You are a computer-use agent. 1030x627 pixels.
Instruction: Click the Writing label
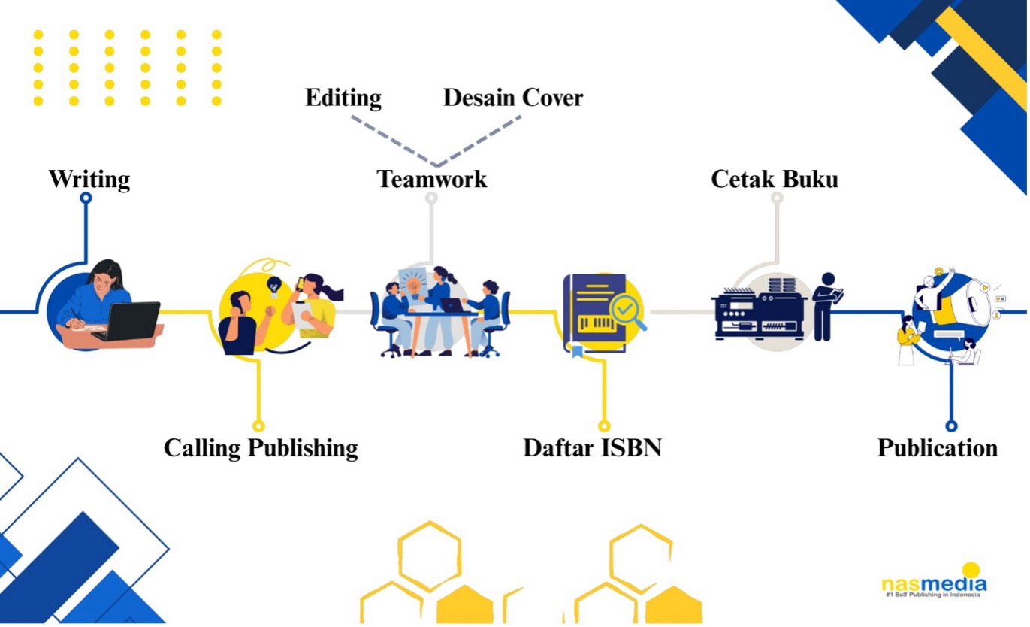pyautogui.click(x=89, y=180)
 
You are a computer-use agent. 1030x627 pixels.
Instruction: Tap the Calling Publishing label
pyautogui.click(x=261, y=448)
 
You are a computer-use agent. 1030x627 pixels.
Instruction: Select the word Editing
pyautogui.click(x=343, y=98)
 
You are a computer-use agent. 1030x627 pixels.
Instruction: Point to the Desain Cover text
pyautogui.click(x=513, y=98)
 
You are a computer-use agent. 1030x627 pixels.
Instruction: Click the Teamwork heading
pyautogui.click(x=432, y=180)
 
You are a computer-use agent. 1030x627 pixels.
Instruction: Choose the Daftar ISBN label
pyautogui.click(x=592, y=448)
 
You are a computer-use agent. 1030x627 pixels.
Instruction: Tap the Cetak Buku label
pyautogui.click(x=775, y=180)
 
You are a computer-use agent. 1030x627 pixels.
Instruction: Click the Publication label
pyautogui.click(x=938, y=448)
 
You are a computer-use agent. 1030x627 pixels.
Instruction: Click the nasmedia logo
pyautogui.click(x=934, y=583)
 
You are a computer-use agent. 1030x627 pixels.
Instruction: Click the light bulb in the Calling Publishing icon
pyautogui.click(x=275, y=286)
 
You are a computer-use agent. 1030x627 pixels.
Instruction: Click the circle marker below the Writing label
pyautogui.click(x=86, y=198)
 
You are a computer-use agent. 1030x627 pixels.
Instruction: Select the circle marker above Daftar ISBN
pyautogui.click(x=602, y=426)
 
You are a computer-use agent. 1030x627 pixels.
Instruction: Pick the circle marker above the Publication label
pyautogui.click(x=951, y=426)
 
